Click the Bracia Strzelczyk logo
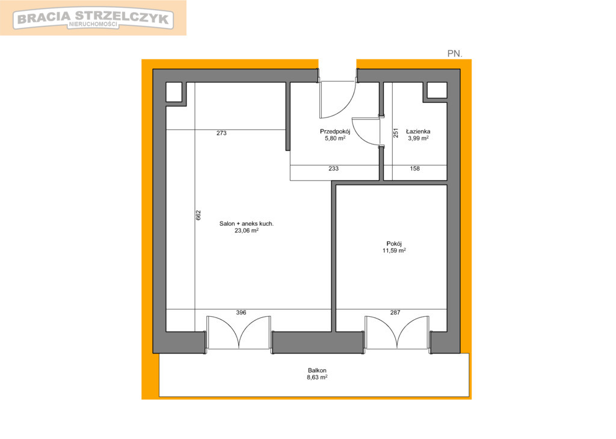click(x=93, y=19)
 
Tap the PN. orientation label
click(x=455, y=54)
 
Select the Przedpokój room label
click(x=334, y=131)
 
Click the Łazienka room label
click(x=418, y=131)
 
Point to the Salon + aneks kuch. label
click(x=246, y=223)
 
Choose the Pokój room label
click(x=394, y=243)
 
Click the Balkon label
click(x=317, y=370)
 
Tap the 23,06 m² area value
click(x=246, y=231)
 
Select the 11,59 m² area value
click(x=394, y=250)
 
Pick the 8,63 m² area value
click(x=317, y=377)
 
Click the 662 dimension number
click(x=199, y=215)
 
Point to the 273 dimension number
click(x=221, y=133)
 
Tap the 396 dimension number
click(x=241, y=313)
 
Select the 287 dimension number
click(x=395, y=313)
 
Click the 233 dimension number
click(x=333, y=169)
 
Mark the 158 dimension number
click(x=415, y=169)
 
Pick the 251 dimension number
click(x=396, y=133)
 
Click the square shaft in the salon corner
click(x=174, y=93)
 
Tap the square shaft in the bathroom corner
click(x=437, y=90)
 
